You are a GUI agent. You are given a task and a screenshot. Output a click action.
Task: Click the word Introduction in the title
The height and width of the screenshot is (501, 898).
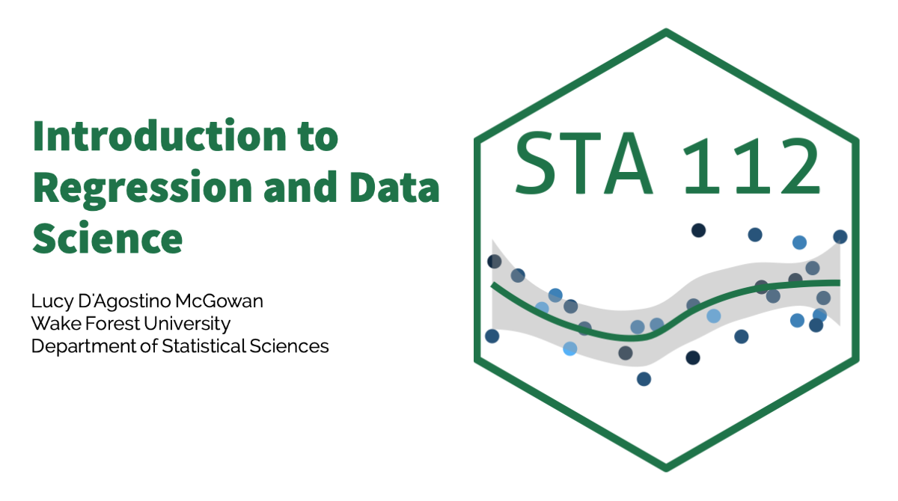[160, 135]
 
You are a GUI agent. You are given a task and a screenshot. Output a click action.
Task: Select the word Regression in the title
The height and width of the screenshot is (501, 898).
[143, 188]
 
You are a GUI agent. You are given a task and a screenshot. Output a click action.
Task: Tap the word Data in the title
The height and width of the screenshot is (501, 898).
[395, 186]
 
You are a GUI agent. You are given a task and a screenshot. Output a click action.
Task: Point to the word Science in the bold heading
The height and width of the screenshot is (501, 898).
[108, 238]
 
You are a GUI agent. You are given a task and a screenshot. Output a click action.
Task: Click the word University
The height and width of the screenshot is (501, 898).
[187, 325]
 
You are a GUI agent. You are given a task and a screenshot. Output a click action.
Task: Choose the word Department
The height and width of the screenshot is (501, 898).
[84, 347]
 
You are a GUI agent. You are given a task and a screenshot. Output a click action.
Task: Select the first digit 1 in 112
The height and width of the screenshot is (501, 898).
[703, 165]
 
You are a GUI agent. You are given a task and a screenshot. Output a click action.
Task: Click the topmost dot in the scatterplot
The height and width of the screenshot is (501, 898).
[698, 230]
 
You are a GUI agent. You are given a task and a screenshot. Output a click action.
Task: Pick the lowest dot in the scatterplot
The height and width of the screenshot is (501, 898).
[644, 379]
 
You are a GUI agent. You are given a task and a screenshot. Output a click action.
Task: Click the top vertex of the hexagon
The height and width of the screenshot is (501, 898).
[666, 30]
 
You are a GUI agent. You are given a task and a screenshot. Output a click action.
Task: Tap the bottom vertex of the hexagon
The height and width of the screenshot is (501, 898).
[666, 470]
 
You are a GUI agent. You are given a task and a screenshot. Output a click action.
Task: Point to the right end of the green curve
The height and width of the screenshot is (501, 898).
[840, 283]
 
